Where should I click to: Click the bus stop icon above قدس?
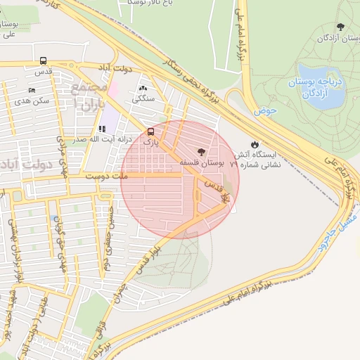pyautogui.click(x=44, y=61)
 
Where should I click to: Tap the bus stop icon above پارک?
pyautogui.click(x=151, y=131)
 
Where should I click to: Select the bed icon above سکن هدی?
pyautogui.click(x=32, y=91)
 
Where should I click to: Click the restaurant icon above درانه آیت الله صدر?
pyautogui.click(x=103, y=129)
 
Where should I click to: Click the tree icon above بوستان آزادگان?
pyautogui.click(x=340, y=27)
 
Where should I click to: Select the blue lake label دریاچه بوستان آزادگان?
pyautogui.click(x=314, y=88)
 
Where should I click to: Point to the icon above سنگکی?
pyautogui.click(x=144, y=89)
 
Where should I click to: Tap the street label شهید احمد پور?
pyautogui.click(x=10, y=309)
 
